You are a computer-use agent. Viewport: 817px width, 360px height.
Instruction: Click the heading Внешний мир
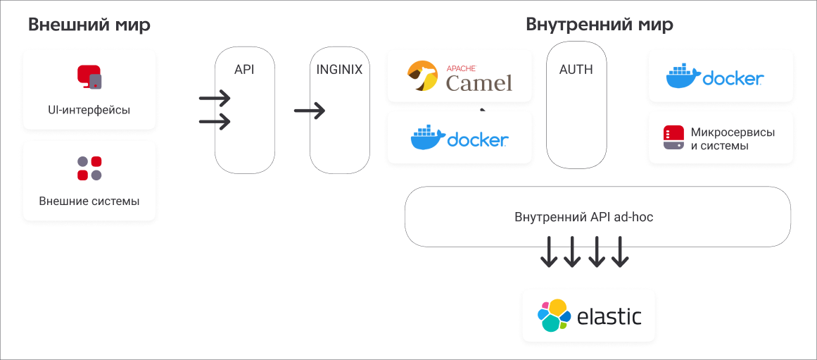pos(89,25)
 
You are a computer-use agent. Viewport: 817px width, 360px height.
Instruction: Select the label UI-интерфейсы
pos(89,111)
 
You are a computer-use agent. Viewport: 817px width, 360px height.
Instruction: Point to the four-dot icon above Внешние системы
pos(89,168)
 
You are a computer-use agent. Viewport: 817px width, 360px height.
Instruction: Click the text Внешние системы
pos(89,201)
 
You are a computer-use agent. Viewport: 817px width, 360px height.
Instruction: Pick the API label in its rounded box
pos(244,70)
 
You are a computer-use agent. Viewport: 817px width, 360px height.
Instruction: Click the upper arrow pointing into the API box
pos(215,97)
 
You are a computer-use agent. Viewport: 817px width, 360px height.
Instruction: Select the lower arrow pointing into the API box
pos(215,122)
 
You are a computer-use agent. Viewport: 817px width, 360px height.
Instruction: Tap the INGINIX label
pos(339,70)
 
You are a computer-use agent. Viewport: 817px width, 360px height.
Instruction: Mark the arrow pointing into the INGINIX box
pos(310,111)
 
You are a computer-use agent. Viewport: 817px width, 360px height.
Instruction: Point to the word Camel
pos(479,83)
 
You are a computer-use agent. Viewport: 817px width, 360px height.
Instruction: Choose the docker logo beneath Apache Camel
pos(459,138)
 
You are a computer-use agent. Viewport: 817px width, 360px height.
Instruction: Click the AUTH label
pos(576,70)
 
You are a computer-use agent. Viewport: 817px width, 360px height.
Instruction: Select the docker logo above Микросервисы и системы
pos(715,77)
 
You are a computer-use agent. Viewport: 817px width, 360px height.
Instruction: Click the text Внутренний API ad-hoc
pos(584,217)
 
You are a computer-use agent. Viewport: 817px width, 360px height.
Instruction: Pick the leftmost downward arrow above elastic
pos(548,252)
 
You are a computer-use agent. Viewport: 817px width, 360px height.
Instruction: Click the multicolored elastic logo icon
pos(554,316)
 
